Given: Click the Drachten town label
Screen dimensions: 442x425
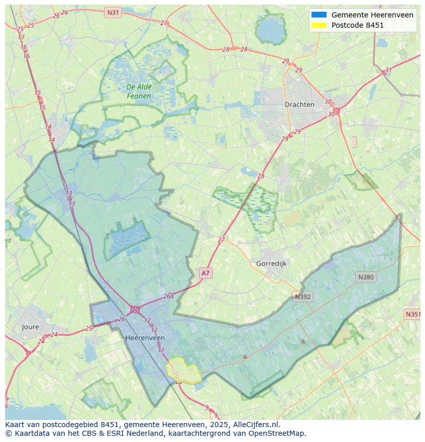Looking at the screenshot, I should click(x=299, y=104).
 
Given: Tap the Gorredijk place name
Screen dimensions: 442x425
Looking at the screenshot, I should click(x=271, y=263).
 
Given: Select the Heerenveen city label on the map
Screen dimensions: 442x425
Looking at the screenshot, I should click(x=145, y=338).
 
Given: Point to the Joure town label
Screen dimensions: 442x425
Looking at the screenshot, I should click(x=30, y=326).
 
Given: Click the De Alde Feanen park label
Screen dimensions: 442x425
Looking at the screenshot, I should click(x=139, y=91).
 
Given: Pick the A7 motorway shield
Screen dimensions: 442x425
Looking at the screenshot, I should click(x=205, y=273).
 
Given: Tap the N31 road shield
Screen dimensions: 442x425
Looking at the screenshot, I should click(x=112, y=12).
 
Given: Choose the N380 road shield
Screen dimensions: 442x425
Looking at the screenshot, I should click(x=366, y=277).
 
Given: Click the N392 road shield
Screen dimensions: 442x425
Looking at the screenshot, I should click(x=303, y=297).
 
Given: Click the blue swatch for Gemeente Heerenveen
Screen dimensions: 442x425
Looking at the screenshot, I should click(x=318, y=15).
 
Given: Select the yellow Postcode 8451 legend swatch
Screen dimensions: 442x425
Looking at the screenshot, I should click(x=318, y=25).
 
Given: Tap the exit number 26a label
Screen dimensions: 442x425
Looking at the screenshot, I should click(x=168, y=296).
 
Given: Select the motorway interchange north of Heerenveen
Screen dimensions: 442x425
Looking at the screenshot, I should click(x=136, y=310).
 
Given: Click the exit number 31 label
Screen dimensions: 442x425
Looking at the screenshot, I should click(x=389, y=70).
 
